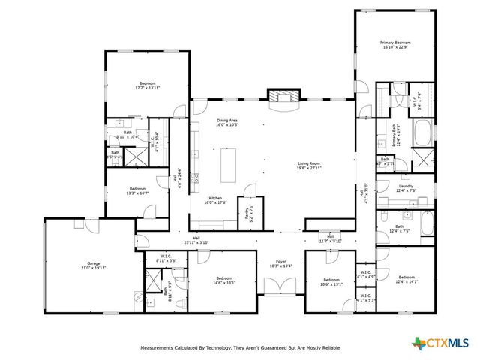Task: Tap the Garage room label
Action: (94, 265)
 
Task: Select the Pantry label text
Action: (247, 211)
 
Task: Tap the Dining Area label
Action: (227, 122)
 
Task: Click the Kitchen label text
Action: (215, 200)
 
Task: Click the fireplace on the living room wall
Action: (283, 97)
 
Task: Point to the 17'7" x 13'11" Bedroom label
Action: (148, 85)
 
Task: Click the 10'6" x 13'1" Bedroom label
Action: (330, 282)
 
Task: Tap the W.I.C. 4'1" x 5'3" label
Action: (366, 298)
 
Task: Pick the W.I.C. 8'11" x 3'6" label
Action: (166, 259)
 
